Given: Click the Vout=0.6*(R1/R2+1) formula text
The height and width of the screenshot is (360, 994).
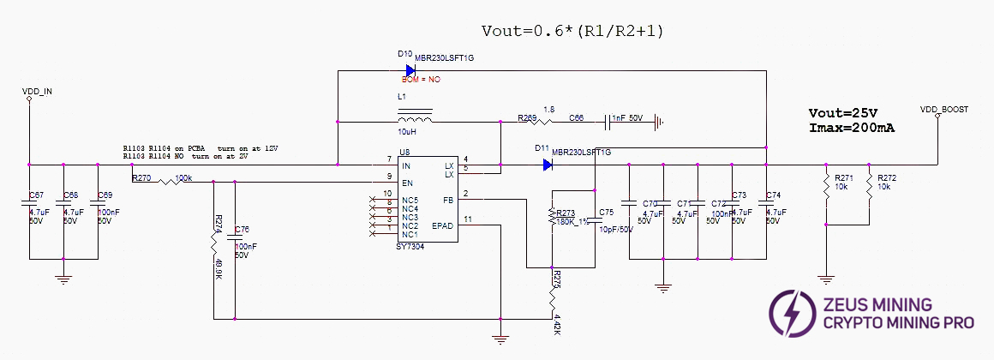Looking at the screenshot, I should [x=572, y=31].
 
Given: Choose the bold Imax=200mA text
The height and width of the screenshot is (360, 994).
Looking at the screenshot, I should [x=852, y=128].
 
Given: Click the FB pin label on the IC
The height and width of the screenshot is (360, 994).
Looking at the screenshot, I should [x=449, y=201].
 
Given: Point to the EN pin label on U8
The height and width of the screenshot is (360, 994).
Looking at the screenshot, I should [x=408, y=183].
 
